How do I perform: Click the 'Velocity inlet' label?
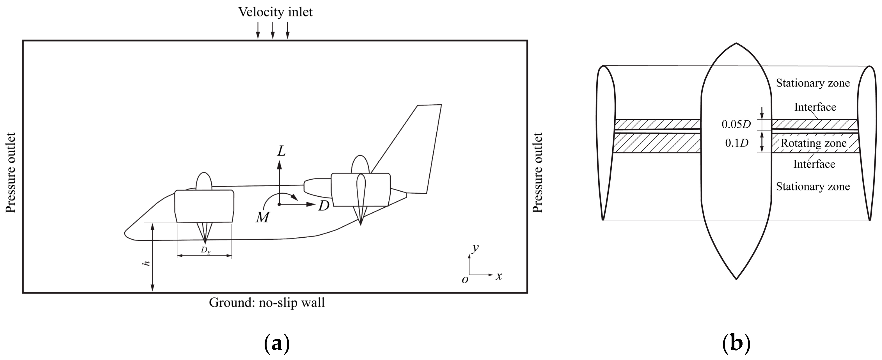click(x=275, y=12)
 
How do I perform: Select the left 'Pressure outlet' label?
click(x=11, y=173)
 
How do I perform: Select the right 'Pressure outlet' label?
click(x=538, y=173)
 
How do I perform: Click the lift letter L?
click(x=281, y=151)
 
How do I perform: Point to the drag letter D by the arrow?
click(x=324, y=206)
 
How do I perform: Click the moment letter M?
click(x=263, y=217)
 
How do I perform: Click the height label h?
click(x=146, y=263)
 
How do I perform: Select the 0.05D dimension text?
click(x=736, y=124)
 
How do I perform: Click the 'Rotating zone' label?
click(x=814, y=143)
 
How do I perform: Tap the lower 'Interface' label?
click(x=814, y=164)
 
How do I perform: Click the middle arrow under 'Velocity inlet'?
click(x=273, y=31)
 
